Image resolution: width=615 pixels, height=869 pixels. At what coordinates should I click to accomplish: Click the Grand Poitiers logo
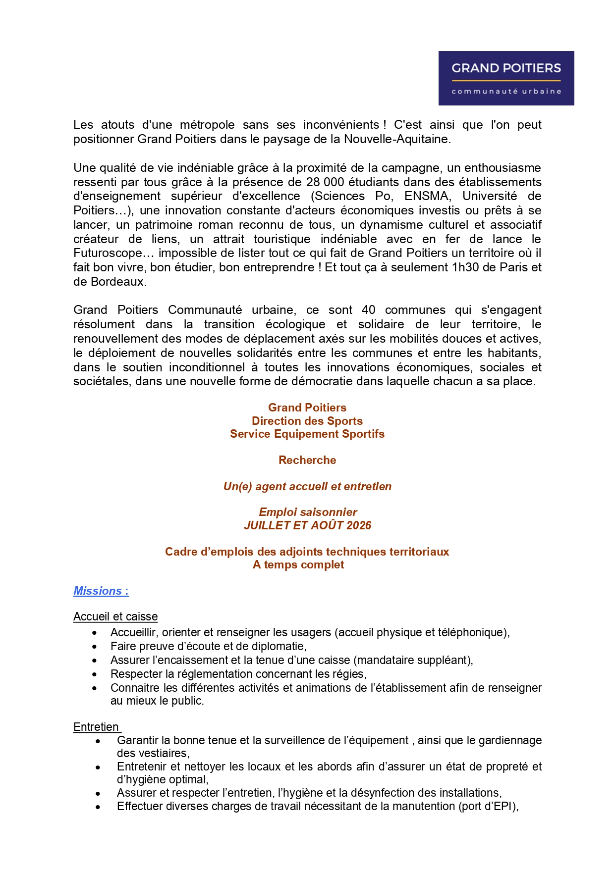506,78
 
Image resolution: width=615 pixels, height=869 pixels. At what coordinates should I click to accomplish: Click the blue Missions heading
101,591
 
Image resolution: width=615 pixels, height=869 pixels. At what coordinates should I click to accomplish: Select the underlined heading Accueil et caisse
115,616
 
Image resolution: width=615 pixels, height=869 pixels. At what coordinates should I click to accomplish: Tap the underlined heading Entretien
96,727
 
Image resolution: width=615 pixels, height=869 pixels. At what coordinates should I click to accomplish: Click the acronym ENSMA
426,196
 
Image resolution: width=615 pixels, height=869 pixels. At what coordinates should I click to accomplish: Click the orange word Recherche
307,460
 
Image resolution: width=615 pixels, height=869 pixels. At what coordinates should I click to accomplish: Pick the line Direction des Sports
307,421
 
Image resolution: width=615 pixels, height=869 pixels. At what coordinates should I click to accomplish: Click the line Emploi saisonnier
308,512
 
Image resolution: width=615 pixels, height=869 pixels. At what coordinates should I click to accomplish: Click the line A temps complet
298,564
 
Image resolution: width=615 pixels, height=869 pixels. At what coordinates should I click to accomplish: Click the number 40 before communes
368,310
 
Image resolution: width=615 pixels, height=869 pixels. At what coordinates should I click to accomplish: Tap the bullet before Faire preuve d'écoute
95,647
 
